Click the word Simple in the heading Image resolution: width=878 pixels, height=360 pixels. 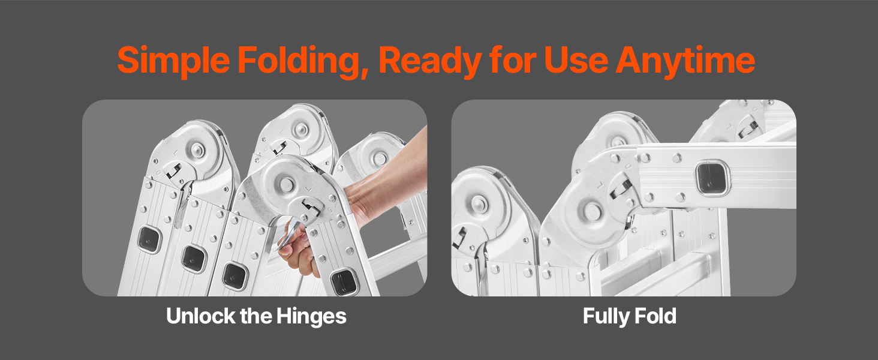173,61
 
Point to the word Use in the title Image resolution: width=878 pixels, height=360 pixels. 576,61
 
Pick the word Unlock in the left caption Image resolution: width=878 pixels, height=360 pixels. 200,316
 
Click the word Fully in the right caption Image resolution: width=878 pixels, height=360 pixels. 606,316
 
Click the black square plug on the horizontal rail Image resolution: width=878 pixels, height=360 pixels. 712,179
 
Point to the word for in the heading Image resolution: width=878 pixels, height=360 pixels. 513,61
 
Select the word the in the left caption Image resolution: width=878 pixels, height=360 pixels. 255,316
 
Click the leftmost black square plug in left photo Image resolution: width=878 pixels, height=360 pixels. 149,239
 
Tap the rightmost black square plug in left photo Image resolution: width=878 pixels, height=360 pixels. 344,281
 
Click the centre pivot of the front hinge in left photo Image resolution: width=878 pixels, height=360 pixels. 287,184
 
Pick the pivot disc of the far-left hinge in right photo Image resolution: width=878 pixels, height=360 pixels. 479,205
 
